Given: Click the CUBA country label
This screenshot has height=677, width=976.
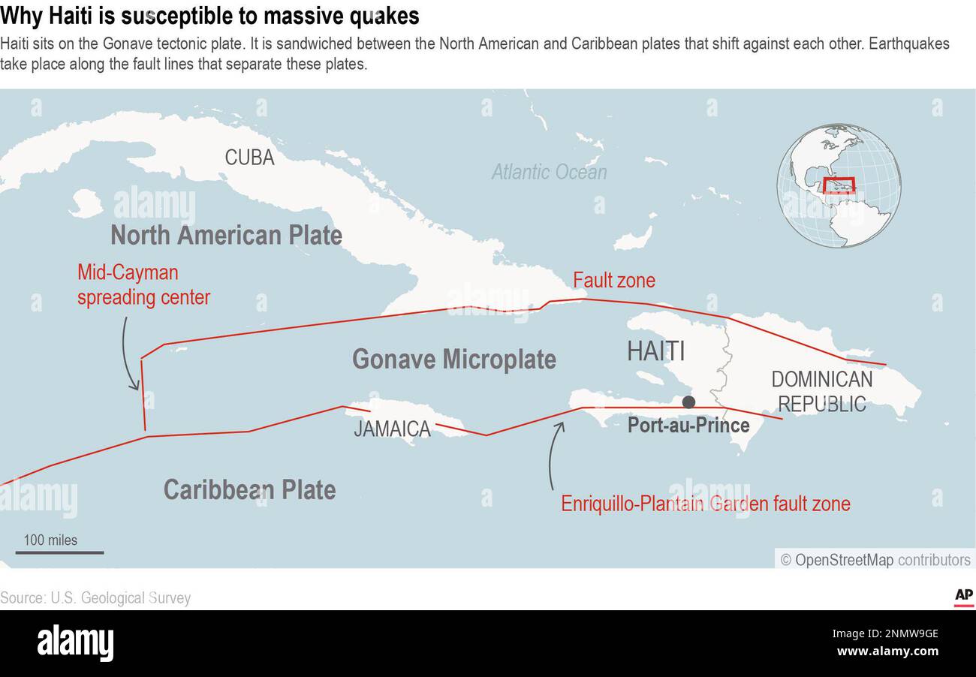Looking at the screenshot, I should pos(249,158).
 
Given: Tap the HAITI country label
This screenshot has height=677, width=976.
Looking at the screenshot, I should pos(655,351).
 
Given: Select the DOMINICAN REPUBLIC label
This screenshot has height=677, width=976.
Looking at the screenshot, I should pos(821,391).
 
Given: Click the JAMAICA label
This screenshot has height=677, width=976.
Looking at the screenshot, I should pos(392,429).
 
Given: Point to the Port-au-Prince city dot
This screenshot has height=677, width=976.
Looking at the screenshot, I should pos(688,402).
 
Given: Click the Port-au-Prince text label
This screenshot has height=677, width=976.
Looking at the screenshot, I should pos(688,426).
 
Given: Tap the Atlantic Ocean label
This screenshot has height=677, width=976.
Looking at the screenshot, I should pos(549,172).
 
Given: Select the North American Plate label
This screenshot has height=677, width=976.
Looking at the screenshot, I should pos(226,235).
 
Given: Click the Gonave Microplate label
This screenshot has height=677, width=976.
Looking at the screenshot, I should pos(453,359).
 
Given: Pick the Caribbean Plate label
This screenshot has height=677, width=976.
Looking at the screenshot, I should pos(249,489).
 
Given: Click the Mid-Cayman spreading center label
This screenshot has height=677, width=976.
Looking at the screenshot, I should pos(143,284).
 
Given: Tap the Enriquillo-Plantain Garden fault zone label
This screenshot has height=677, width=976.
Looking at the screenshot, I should pos(705,503).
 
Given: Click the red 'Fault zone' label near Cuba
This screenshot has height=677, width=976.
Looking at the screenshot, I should pos(613,281).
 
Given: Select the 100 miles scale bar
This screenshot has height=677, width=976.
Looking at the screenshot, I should pos(59,552).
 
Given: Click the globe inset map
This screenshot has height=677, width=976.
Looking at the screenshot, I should pos(838,185).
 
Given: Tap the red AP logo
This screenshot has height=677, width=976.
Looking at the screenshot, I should pos(963,597).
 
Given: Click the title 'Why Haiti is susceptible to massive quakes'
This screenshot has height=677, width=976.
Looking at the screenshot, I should pos(209,16).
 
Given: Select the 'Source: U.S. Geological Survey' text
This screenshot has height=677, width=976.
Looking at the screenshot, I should pos(95,598).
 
